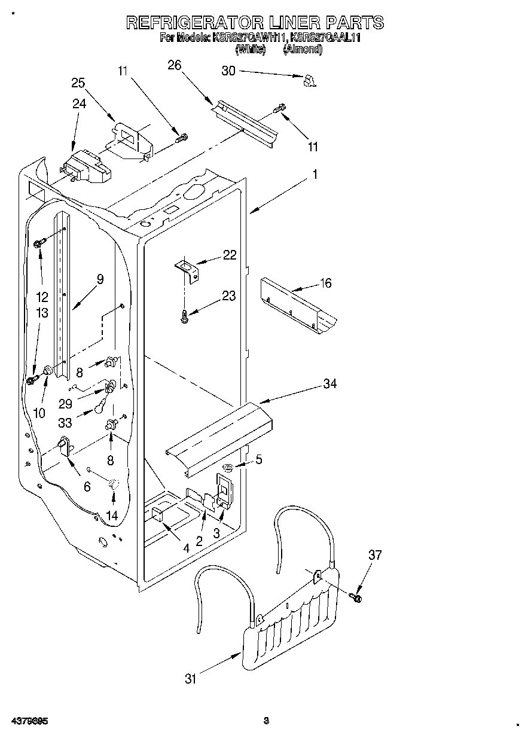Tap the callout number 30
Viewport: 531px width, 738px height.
(228, 71)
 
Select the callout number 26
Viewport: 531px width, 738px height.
(174, 66)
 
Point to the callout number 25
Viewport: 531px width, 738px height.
(78, 83)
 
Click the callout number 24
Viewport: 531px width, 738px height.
(79, 103)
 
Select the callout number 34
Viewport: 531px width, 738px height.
(329, 384)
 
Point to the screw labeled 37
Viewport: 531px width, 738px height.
(358, 596)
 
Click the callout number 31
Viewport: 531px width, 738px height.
(191, 678)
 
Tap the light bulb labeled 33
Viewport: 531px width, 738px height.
(99, 409)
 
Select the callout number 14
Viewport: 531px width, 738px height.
(111, 516)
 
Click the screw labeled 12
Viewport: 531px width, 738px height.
(39, 243)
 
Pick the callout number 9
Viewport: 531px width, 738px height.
(100, 279)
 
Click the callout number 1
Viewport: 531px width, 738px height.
(315, 175)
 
